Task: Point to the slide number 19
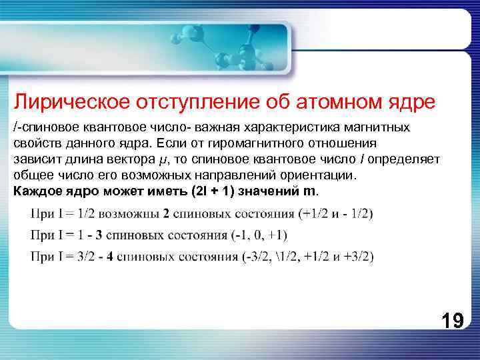click(452, 322)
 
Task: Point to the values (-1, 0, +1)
click(255, 235)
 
